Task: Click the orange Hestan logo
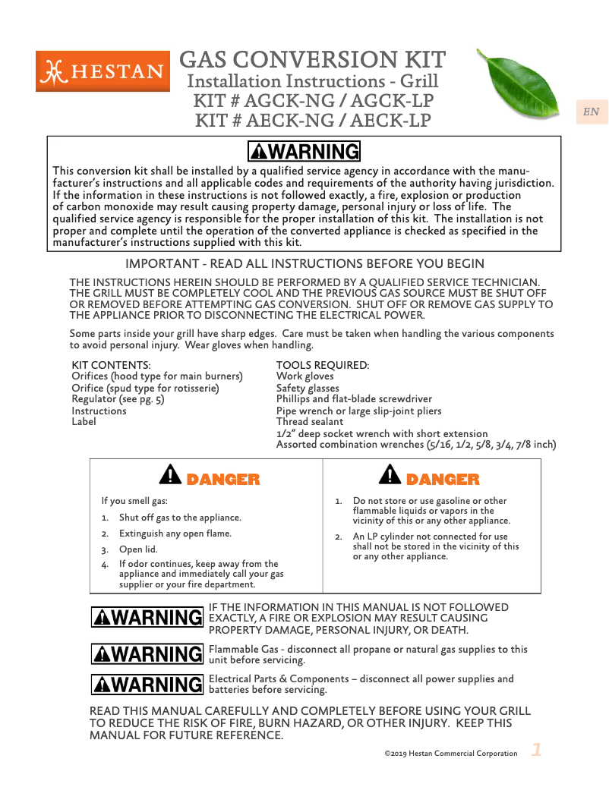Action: (103, 71)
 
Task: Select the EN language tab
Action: (591, 112)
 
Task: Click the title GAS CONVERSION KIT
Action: (312, 59)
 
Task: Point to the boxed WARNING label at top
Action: (304, 151)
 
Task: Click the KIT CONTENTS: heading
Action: (111, 366)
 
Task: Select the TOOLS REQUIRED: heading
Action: (323, 366)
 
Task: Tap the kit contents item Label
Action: (84, 421)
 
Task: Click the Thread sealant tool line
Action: (309, 421)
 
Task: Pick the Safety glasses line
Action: (308, 388)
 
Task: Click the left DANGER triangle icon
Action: (169, 475)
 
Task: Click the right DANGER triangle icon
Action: (390, 475)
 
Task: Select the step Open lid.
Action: (138, 549)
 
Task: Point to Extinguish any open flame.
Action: (175, 534)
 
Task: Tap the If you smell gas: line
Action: (134, 501)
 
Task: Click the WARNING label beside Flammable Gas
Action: (147, 653)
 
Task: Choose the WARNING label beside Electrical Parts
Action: (147, 685)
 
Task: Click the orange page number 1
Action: (537, 751)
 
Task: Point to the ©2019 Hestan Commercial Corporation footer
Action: (450, 754)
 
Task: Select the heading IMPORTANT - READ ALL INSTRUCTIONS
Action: (304, 264)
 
